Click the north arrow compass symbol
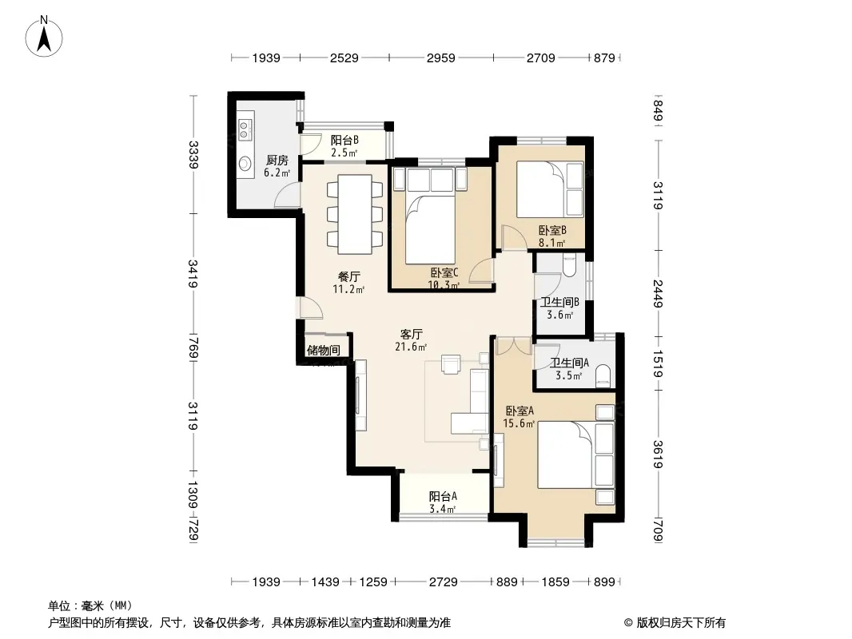coord(44,37)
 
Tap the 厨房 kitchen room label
coord(277,161)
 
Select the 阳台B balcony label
coord(344,140)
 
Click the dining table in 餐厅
coord(355,214)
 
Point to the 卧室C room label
coord(444,272)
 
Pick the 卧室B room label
coord(552,231)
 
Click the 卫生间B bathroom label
coord(559,303)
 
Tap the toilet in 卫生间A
coord(603,375)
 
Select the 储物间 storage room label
coord(324,350)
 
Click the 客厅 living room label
coord(412,334)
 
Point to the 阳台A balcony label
coord(443,496)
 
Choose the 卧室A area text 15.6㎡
coord(519,423)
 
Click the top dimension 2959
coord(440,58)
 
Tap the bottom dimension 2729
coord(444,582)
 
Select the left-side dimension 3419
coord(193,274)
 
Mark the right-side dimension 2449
coord(658,293)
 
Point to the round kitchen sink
coord(245,163)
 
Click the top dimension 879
coord(604,58)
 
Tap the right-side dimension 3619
coord(658,454)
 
